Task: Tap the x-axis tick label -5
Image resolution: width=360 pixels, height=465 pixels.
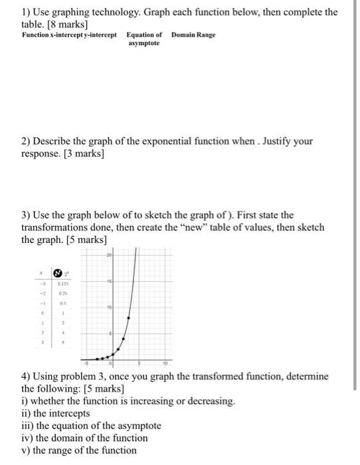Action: click(84, 364)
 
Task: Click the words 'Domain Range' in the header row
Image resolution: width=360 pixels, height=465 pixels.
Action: click(193, 35)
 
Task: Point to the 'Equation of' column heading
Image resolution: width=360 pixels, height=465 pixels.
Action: click(144, 35)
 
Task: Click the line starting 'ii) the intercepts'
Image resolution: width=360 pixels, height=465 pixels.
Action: click(56, 413)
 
